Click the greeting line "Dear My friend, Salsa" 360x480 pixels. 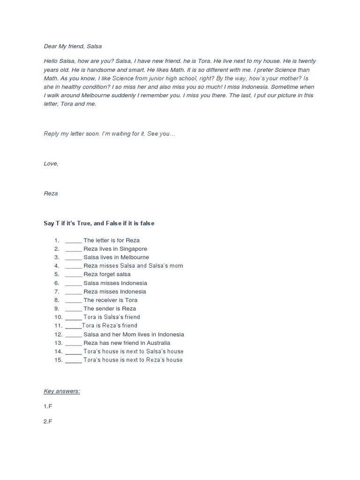coord(73,46)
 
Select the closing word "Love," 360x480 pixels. coord(51,164)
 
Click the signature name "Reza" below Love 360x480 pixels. coord(51,194)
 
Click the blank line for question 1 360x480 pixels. coord(74,240)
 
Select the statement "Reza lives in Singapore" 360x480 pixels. coord(115,249)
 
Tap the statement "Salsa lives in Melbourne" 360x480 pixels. coord(116,257)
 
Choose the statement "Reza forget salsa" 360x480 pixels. coord(107,274)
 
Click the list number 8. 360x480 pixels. coord(56,300)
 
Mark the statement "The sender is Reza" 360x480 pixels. coord(109,308)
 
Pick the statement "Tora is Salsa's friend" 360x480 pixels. coord(112,317)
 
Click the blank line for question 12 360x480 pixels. coord(74,335)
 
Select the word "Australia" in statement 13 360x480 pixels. coord(157,343)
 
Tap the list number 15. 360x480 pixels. coord(58,360)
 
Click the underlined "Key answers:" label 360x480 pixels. coord(62,391)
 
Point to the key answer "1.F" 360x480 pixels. coord(48,406)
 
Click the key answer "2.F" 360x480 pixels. coord(48,421)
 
